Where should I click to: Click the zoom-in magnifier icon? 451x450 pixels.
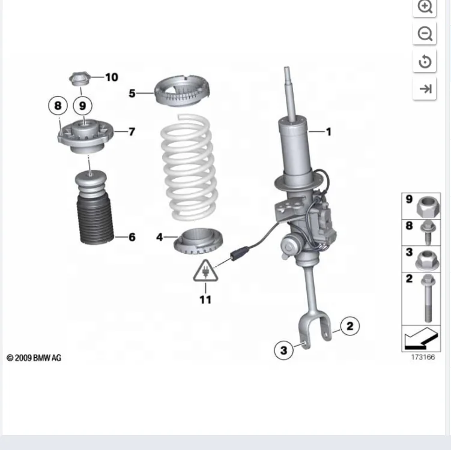coord(425,7)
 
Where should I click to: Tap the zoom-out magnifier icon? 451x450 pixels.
coord(425,34)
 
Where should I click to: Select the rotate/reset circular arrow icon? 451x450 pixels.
coord(425,62)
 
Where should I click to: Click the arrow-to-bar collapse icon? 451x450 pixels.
coord(425,89)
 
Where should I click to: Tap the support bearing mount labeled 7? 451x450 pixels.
coord(85,136)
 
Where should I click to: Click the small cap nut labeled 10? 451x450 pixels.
coord(80,78)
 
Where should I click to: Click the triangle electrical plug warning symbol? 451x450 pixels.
coord(205,272)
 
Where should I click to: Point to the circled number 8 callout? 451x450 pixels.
coord(58,106)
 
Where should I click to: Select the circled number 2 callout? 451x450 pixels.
coord(350,326)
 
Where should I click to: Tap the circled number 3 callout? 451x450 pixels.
coord(284,349)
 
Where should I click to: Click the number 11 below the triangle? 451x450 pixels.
coord(205,299)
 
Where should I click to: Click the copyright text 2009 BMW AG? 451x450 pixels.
coord(34,358)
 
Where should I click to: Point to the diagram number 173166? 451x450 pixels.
coord(423,358)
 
